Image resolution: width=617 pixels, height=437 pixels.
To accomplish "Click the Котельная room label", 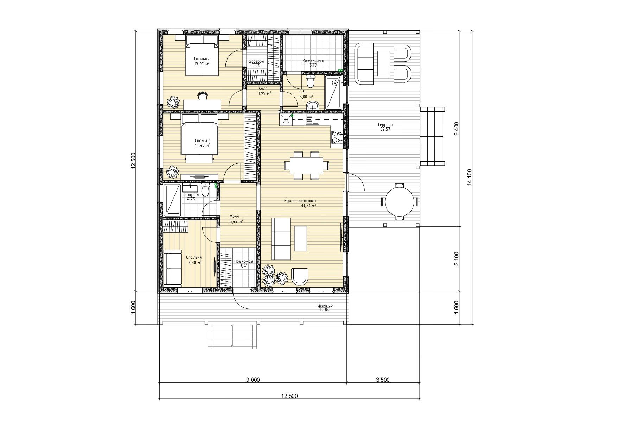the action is point(313,61).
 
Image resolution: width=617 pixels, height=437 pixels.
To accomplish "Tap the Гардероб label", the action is point(255,61).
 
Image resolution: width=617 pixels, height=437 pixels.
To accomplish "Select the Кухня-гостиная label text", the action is point(300,201).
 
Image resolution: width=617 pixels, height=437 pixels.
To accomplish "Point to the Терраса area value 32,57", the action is point(385,129).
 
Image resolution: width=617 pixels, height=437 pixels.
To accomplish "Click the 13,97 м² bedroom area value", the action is point(202,64).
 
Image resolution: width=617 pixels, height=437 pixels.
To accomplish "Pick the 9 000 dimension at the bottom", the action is point(253,380).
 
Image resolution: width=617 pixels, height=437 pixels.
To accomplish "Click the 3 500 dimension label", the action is point(383,380).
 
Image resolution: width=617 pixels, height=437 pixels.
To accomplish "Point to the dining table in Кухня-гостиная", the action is point(306,166).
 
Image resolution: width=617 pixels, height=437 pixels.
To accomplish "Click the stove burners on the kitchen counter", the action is point(337,137).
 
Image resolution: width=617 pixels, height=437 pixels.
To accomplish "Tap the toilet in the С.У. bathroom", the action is point(311,81).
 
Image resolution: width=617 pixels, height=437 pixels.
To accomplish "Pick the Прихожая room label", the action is point(243,261).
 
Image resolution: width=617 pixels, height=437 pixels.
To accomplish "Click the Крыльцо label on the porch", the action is point(324,305).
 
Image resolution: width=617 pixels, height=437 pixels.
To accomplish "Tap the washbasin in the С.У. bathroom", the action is point(312,105).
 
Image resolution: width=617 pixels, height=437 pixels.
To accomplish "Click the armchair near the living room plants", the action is point(300,276).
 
